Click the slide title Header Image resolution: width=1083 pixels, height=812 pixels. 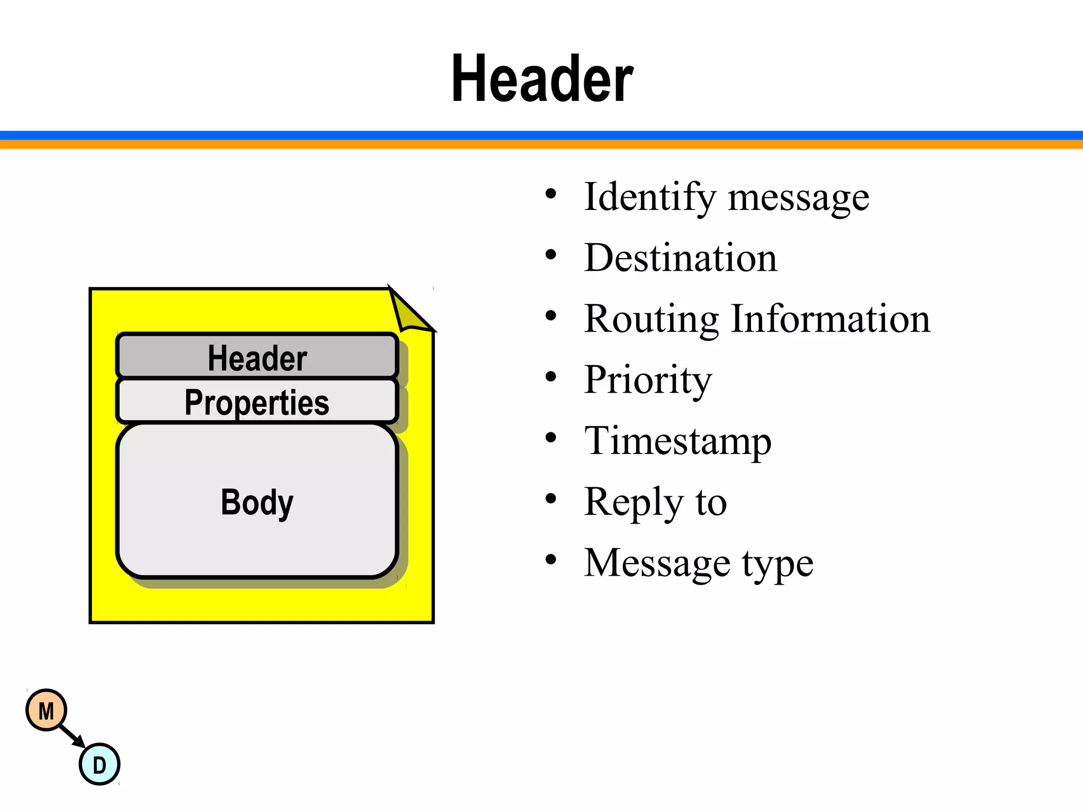pos(542,79)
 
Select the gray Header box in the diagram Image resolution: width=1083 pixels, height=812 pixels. pos(257,356)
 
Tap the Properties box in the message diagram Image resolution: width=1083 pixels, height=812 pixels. pos(257,402)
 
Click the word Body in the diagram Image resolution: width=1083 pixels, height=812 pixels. pos(257,502)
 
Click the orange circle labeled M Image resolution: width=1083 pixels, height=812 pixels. pos(47,710)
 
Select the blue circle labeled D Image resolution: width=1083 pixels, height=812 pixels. pos(99,764)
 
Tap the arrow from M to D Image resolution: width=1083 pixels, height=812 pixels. pos(72,736)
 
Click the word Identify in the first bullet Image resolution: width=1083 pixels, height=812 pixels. pos(649,197)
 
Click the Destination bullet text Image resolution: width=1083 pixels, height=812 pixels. pos(681,258)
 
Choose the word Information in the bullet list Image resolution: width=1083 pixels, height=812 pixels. pos(830,319)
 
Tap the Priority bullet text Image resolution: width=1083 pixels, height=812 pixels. pos(648,380)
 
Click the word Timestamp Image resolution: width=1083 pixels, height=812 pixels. pos(678,441)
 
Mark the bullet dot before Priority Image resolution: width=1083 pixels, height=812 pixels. pos(551,377)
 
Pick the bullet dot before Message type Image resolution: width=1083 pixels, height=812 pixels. pos(551,560)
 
